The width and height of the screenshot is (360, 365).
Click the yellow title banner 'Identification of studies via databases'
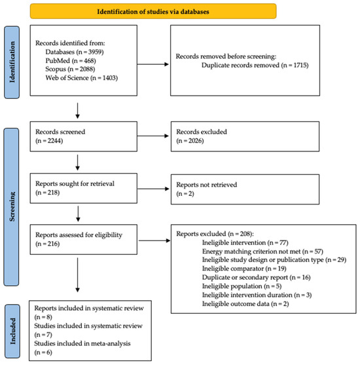click(153, 11)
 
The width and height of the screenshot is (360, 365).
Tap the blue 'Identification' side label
click(12, 62)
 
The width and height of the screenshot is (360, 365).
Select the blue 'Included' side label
click(12, 331)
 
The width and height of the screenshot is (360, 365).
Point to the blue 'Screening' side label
click(11, 207)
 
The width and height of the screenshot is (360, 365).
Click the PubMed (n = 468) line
click(71, 60)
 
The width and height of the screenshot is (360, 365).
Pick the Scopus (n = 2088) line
click(70, 69)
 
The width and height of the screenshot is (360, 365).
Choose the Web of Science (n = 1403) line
click(82, 78)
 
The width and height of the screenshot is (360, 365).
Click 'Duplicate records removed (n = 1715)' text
click(255, 65)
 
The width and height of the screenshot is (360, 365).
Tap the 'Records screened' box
click(84, 136)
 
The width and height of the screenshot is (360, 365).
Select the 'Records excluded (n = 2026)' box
click(245, 136)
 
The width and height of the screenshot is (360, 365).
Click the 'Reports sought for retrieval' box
click(84, 188)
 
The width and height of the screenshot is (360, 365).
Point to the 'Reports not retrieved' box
click(245, 189)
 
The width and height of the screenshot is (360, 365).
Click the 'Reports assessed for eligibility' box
click(84, 240)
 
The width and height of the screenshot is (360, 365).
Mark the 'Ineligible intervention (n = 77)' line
click(245, 243)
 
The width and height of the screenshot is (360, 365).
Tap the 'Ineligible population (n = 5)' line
click(242, 286)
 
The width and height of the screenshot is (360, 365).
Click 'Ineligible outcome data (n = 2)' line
click(245, 304)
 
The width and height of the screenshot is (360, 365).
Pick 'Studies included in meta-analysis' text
click(82, 343)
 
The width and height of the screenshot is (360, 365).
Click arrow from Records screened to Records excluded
click(153, 136)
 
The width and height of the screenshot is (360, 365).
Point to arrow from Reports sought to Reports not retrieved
click(153, 189)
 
